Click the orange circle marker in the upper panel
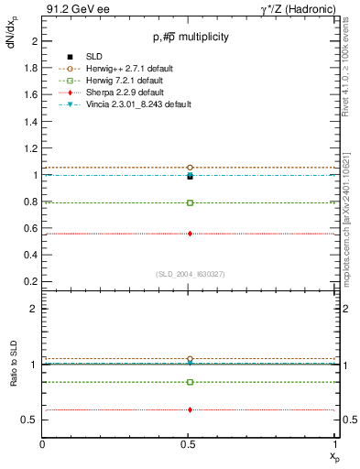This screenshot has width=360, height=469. [x=190, y=168]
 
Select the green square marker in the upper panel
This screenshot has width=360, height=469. [x=190, y=202]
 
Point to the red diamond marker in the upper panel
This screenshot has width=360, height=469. [x=190, y=234]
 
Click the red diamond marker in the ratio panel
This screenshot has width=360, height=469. [x=190, y=409]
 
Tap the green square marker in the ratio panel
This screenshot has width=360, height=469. [x=190, y=382]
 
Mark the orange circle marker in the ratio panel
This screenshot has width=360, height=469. [x=190, y=359]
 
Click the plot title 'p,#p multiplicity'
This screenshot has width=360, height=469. [x=190, y=38]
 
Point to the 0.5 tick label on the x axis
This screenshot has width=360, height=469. [x=190, y=444]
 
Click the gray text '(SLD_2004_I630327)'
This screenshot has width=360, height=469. [x=190, y=274]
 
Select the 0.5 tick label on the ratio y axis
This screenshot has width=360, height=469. [x=31, y=420]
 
